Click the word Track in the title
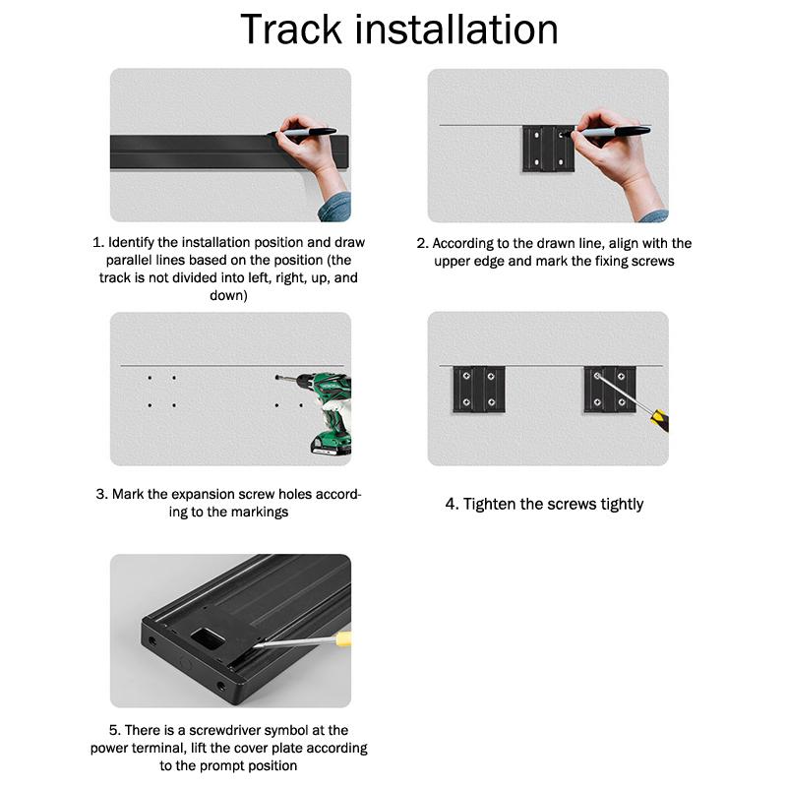pos(291,30)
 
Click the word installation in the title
pos(456,30)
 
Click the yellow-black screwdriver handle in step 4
pos(659,420)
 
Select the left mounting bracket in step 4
pos(479,389)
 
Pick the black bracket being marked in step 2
pos(548,149)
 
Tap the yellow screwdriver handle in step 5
pos(343,638)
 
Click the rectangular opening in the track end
pos(207,637)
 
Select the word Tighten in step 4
pos(490,504)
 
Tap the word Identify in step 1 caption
pos(131,243)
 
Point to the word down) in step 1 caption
pos(228,295)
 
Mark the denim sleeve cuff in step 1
pos(335,208)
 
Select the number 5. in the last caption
pos(114,730)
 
